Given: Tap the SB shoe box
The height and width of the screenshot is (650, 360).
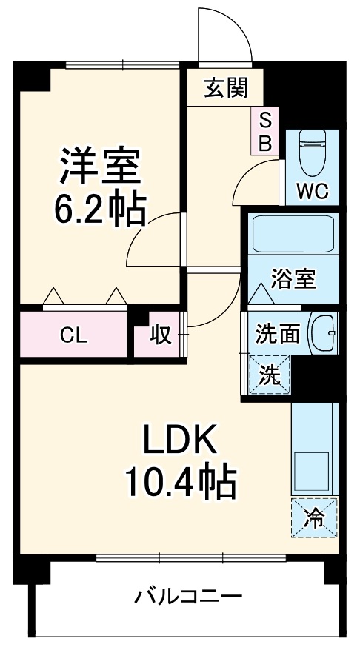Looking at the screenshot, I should pyautogui.click(x=264, y=131).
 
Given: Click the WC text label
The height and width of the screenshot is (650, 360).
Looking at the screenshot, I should pyautogui.click(x=311, y=191).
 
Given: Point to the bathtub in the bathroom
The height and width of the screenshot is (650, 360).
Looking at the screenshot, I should pyautogui.click(x=292, y=235).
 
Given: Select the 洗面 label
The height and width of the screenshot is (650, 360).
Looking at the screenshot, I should pyautogui.click(x=277, y=335).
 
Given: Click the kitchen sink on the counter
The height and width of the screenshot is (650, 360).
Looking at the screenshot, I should pyautogui.click(x=314, y=471).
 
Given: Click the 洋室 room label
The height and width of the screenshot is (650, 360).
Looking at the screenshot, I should pyautogui.click(x=99, y=167).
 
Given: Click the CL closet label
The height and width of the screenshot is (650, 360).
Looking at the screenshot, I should pyautogui.click(x=73, y=335).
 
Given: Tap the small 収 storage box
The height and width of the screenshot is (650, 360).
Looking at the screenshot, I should pyautogui.click(x=161, y=335).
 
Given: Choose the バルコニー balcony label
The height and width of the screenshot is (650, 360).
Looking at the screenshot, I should pyautogui.click(x=188, y=595).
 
